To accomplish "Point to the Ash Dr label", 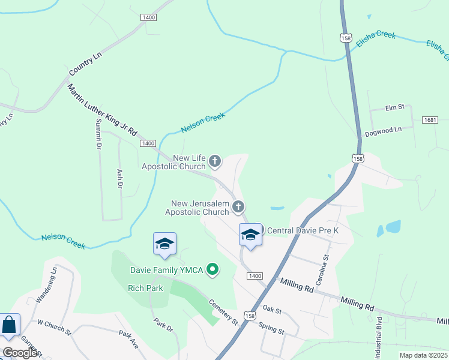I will tap(120, 179).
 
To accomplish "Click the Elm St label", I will tap(395, 107).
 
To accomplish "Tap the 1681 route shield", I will tap(430, 121).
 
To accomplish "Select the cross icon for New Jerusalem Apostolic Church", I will tap(238, 208).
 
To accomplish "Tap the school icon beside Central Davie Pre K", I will tap(250, 235).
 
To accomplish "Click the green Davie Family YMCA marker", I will tap(212, 270).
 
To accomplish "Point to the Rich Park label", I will tap(142, 288).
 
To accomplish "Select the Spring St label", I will tap(271, 328).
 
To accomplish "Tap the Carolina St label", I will tap(327, 265).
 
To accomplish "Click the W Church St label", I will tap(54, 327).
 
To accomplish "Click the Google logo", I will tap(19, 352).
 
